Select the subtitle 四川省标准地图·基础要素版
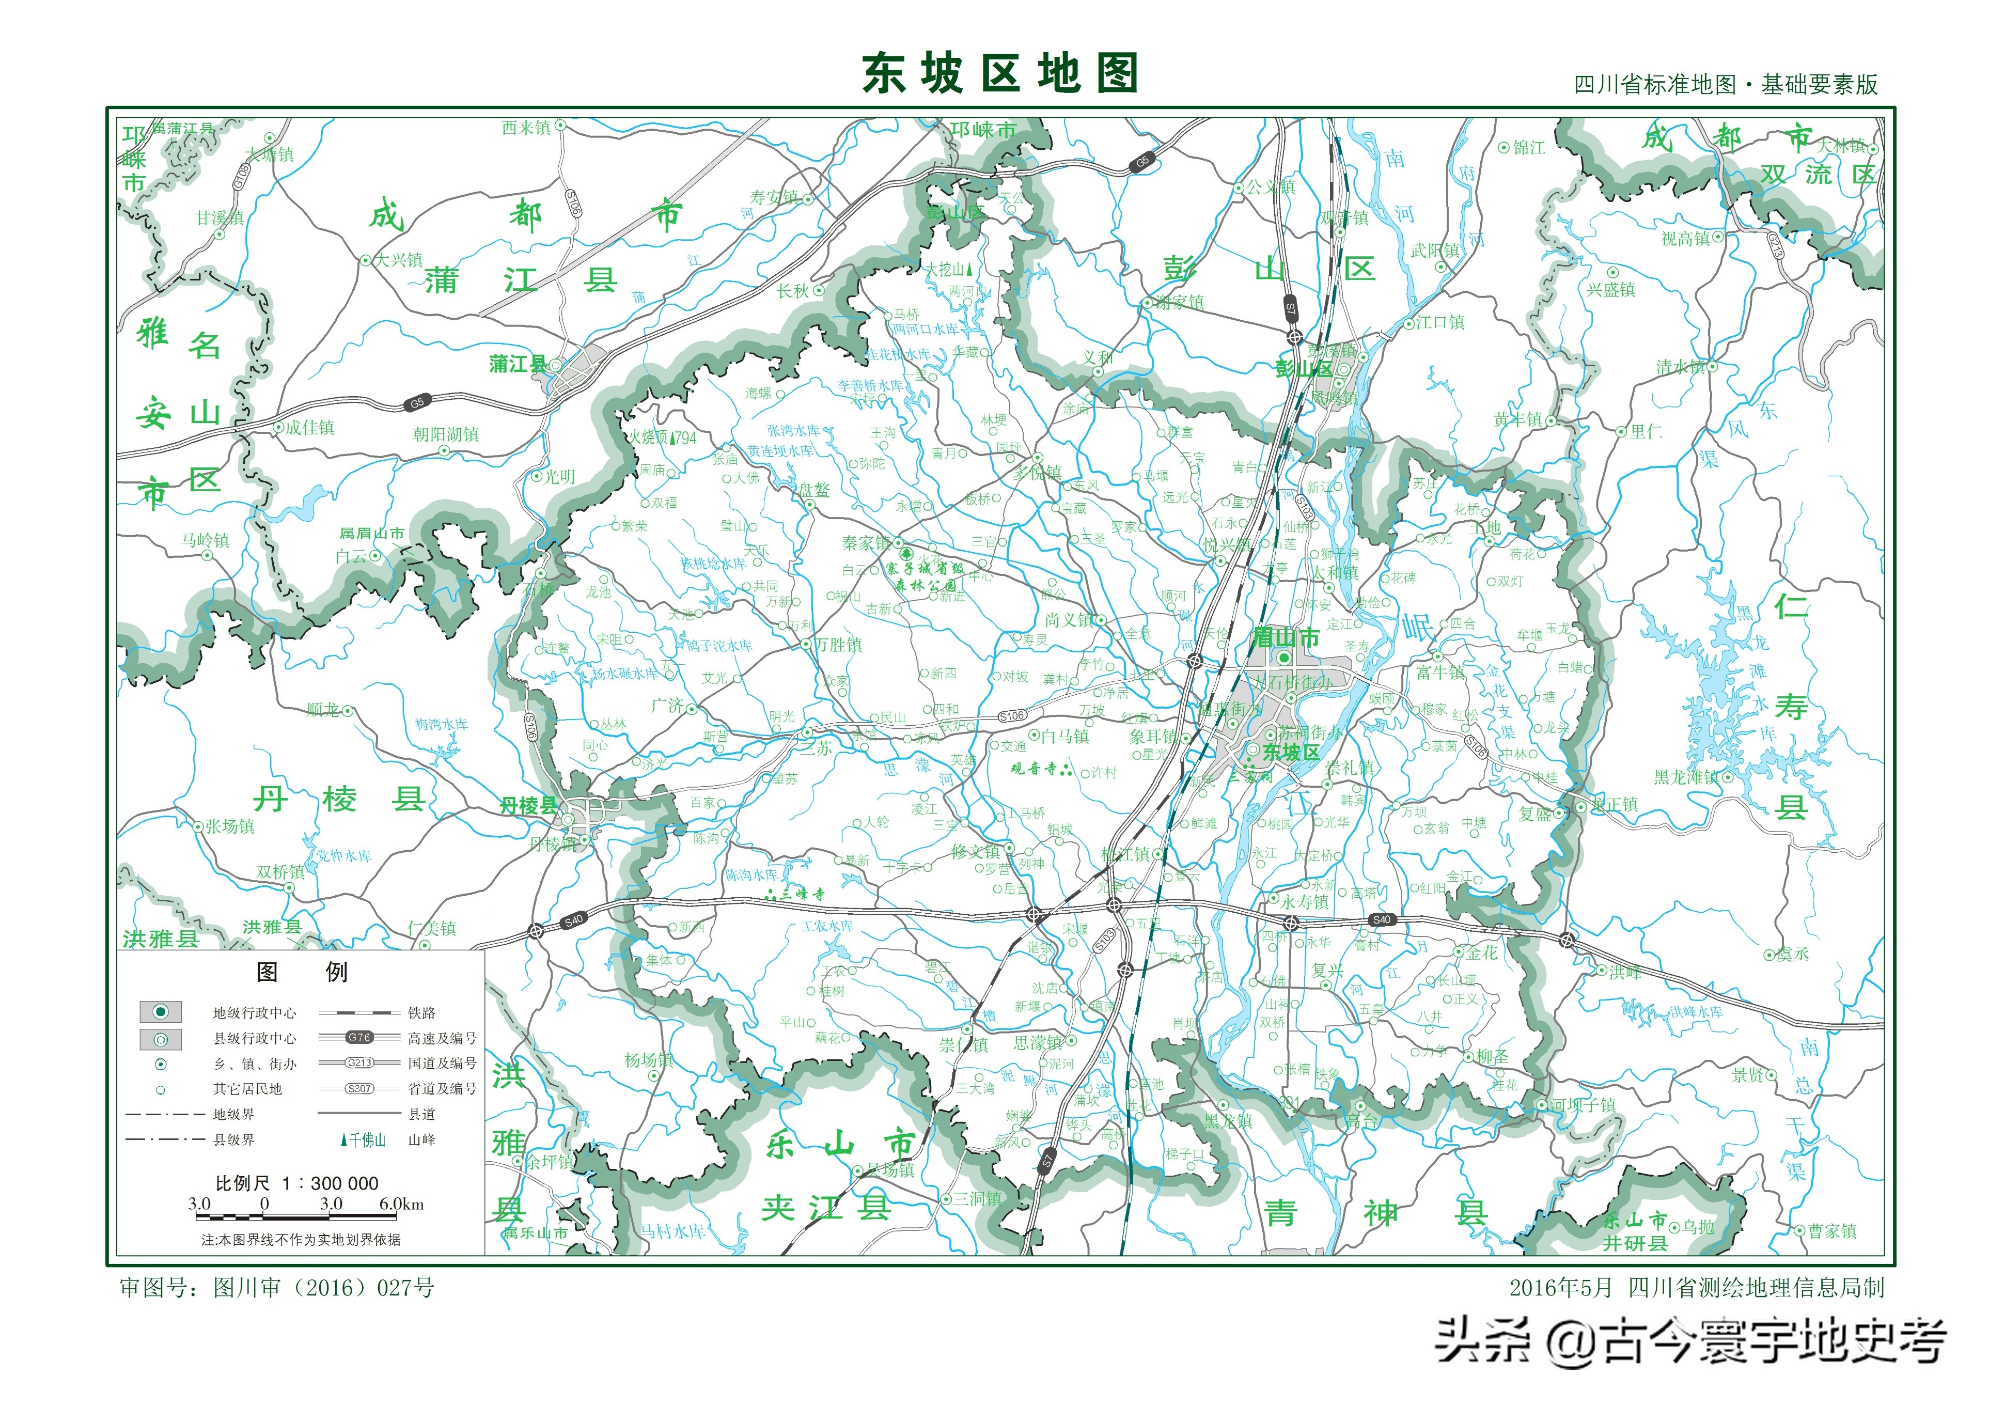[1725, 85]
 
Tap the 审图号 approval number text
[276, 1287]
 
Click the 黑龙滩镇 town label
[1687, 777]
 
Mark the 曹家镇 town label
[1831, 1231]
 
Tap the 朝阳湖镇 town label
[445, 434]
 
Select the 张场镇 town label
[229, 826]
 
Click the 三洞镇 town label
[977, 1198]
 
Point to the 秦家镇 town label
[866, 543]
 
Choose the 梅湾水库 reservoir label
[441, 724]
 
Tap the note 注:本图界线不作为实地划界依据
[301, 1240]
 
